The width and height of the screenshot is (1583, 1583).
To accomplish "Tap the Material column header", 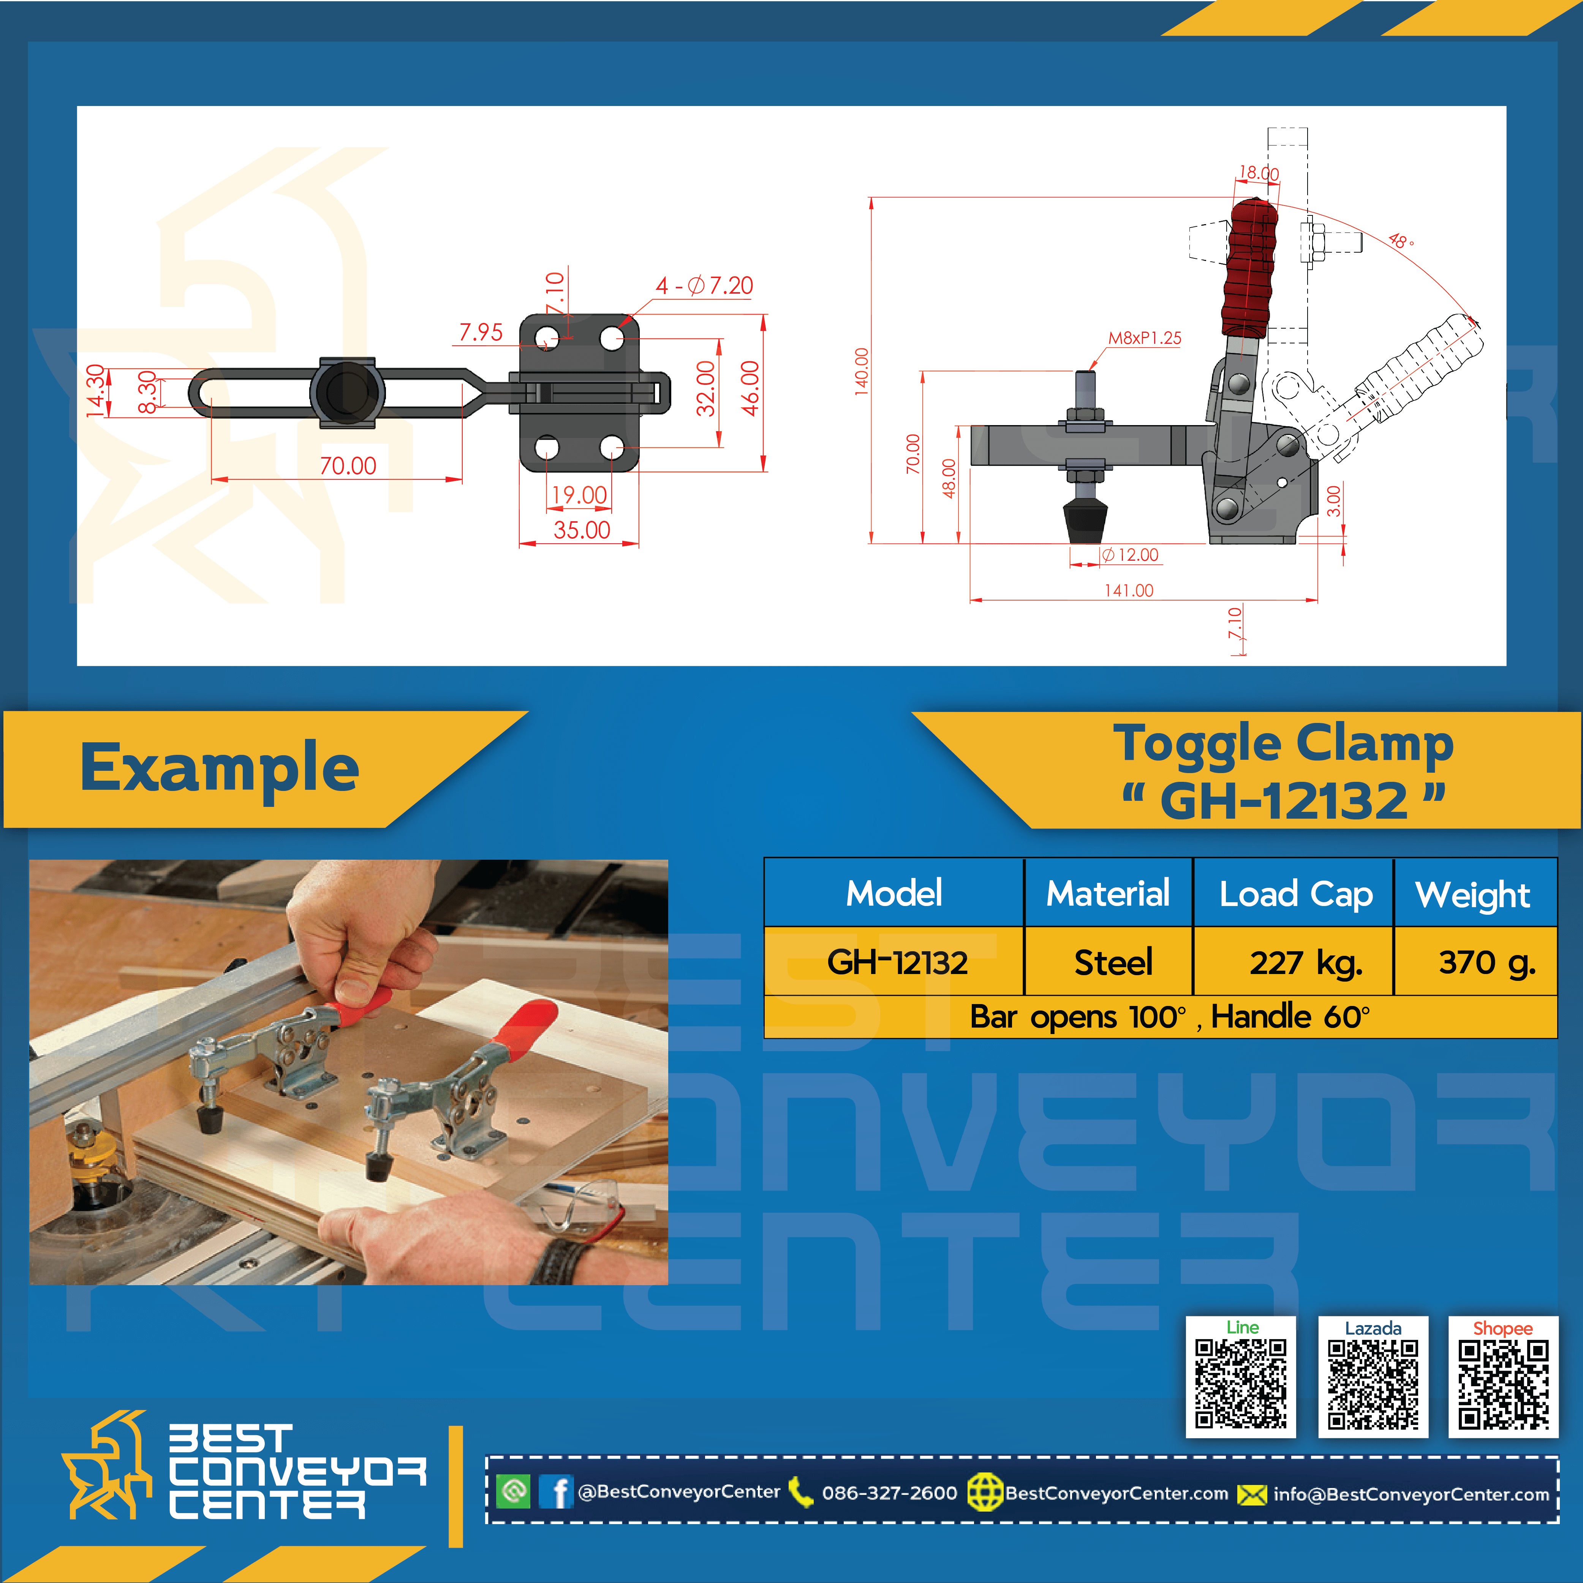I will click(x=1108, y=893).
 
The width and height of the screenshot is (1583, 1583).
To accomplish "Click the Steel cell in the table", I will click(x=1113, y=962).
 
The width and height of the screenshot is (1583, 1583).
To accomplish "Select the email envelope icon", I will click(x=1251, y=1494).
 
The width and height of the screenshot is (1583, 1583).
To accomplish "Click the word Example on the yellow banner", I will click(x=220, y=768).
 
